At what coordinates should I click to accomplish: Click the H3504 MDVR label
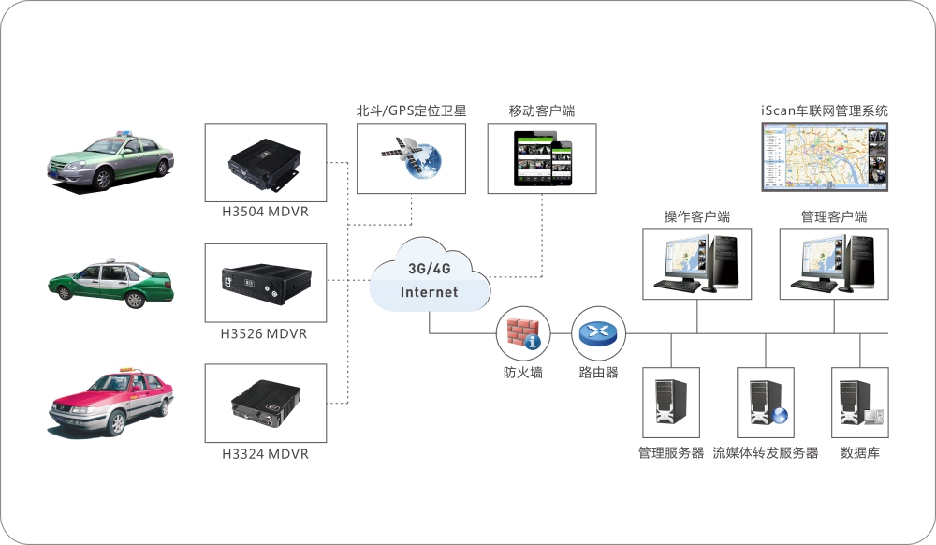(x=265, y=212)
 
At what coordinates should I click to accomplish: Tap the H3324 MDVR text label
(x=265, y=454)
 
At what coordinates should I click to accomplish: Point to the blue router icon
(x=596, y=332)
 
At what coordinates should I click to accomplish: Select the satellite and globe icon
(x=412, y=157)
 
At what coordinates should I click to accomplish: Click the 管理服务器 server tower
(x=670, y=403)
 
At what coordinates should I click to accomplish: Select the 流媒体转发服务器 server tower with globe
(x=766, y=403)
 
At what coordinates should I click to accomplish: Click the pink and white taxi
(x=111, y=402)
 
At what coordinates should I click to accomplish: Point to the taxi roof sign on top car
(x=124, y=135)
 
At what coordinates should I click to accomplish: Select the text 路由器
(x=598, y=373)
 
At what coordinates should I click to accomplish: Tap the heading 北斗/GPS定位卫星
(x=411, y=110)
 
